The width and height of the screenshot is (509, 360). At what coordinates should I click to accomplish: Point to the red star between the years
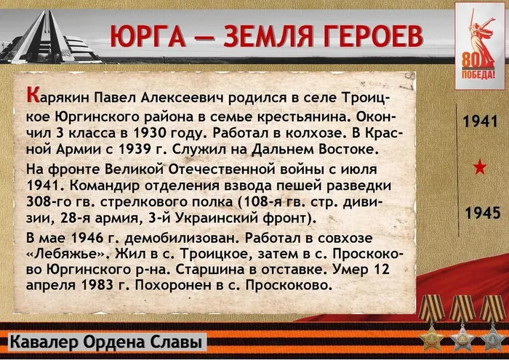479,168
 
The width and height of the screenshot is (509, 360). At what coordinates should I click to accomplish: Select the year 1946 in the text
89,238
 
